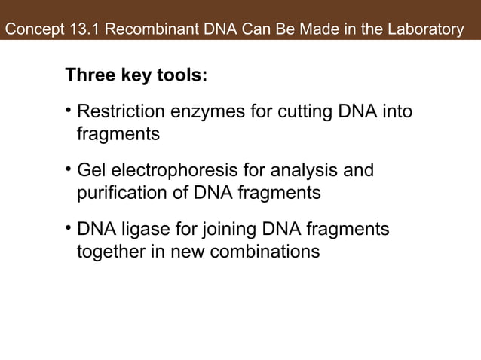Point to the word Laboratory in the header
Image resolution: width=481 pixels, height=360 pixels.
tap(427, 31)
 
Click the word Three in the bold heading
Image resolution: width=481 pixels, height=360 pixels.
tap(88, 77)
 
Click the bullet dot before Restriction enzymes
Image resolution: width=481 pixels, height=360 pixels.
tap(69, 112)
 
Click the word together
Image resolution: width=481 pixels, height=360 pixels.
tap(110, 251)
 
